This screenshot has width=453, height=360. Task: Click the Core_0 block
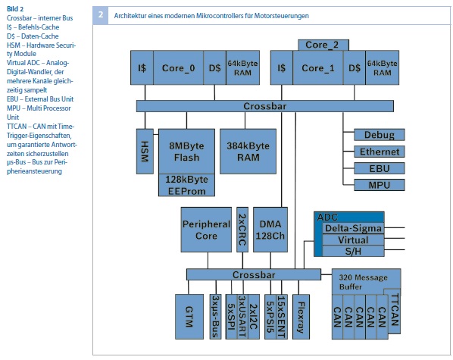click(178, 67)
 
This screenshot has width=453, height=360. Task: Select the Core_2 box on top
click(323, 45)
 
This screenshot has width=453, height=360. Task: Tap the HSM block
click(145, 152)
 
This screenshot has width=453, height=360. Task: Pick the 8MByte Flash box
click(186, 152)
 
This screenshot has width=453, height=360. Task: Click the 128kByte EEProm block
click(186, 185)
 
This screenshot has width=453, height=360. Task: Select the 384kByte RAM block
click(248, 152)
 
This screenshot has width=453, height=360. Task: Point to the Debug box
click(380, 135)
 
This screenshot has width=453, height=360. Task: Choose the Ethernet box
click(380, 152)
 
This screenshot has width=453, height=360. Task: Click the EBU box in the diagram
click(380, 168)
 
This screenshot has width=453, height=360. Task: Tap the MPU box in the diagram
click(380, 185)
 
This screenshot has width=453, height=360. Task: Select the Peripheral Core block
click(206, 230)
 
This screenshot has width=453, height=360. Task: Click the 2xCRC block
click(242, 230)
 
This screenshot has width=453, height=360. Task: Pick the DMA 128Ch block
click(270, 230)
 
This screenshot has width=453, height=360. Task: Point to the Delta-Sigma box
click(353, 228)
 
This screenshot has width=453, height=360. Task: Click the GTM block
click(189, 317)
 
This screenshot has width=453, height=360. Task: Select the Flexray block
click(301, 317)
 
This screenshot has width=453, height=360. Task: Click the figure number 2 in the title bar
click(101, 15)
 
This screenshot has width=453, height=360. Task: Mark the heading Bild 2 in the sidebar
click(15, 8)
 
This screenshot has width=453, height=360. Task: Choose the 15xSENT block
click(281, 317)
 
